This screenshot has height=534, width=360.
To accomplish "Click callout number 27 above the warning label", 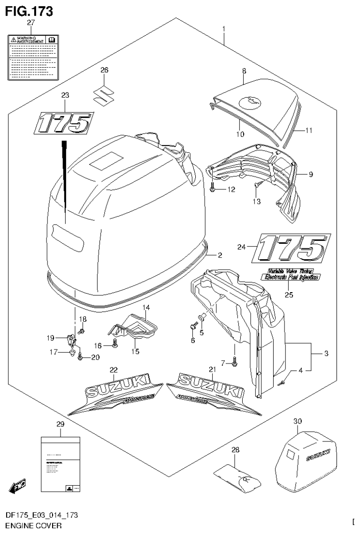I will (x=31, y=23).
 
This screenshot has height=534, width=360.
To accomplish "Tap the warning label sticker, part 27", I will (x=32, y=56).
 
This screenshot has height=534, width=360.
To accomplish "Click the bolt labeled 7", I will (x=235, y=361).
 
